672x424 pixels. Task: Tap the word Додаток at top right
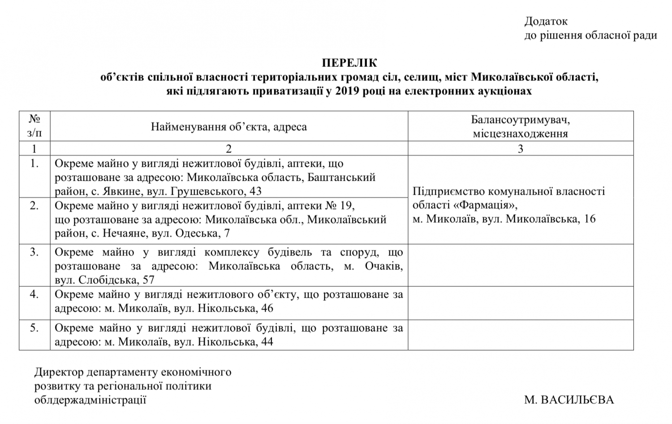[x=546, y=22]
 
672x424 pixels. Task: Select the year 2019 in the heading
[x=349, y=91]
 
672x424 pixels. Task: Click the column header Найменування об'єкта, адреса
[x=228, y=127]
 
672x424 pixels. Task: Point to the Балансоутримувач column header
[x=520, y=120]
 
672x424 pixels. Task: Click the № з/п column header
[x=34, y=126]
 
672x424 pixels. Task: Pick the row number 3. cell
[x=34, y=252]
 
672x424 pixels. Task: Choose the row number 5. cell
[x=34, y=328]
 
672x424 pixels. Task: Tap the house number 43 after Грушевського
[x=255, y=191]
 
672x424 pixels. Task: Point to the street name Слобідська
[x=108, y=280]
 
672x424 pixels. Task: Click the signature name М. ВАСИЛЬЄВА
[x=569, y=400]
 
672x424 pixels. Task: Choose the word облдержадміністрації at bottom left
[x=90, y=400]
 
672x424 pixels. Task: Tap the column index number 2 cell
[x=228, y=148]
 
